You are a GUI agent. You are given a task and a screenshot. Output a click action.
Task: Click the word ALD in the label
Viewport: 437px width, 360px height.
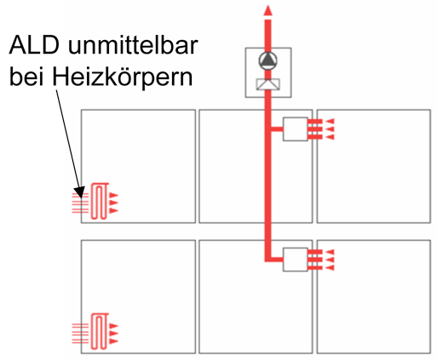tap(34, 45)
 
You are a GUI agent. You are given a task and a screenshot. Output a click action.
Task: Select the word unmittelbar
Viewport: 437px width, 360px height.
tap(133, 45)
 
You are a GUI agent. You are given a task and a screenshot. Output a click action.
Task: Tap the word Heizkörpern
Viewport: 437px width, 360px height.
tap(123, 77)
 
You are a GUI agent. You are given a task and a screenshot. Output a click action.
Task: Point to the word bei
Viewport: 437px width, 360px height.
tap(26, 77)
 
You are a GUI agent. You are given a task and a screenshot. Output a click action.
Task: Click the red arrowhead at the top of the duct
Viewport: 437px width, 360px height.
tap(267, 10)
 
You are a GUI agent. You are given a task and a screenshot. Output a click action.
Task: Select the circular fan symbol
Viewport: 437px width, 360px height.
tap(267, 61)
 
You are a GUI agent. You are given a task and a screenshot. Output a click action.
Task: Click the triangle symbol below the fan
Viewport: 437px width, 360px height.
tap(268, 84)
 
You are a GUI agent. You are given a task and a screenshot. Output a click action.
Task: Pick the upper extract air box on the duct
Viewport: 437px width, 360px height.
tap(296, 129)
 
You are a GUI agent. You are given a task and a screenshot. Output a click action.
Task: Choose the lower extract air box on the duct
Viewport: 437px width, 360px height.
tap(296, 260)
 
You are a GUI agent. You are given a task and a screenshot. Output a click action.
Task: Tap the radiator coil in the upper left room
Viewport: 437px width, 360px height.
tap(100, 201)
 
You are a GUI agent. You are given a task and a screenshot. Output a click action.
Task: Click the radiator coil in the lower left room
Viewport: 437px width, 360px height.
tap(100, 331)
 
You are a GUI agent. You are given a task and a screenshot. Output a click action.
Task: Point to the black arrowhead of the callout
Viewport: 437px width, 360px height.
tap(79, 191)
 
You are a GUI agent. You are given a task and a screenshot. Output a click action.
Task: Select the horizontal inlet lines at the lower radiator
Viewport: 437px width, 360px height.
tap(80, 334)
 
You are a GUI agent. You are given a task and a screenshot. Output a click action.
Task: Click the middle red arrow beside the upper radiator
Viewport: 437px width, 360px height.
tap(113, 203)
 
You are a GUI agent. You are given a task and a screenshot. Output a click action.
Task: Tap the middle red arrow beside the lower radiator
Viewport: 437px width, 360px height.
tap(113, 334)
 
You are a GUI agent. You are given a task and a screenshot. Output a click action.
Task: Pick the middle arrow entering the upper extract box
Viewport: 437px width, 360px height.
tap(330, 129)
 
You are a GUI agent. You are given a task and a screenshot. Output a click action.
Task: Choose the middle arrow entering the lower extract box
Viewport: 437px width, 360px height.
tap(330, 260)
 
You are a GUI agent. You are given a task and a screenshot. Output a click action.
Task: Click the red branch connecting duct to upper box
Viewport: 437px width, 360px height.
tap(277, 129)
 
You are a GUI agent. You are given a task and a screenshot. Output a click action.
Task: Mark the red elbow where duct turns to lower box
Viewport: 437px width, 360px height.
tap(267, 259)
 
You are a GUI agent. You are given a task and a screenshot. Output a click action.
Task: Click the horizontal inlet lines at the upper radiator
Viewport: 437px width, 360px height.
tap(80, 203)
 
